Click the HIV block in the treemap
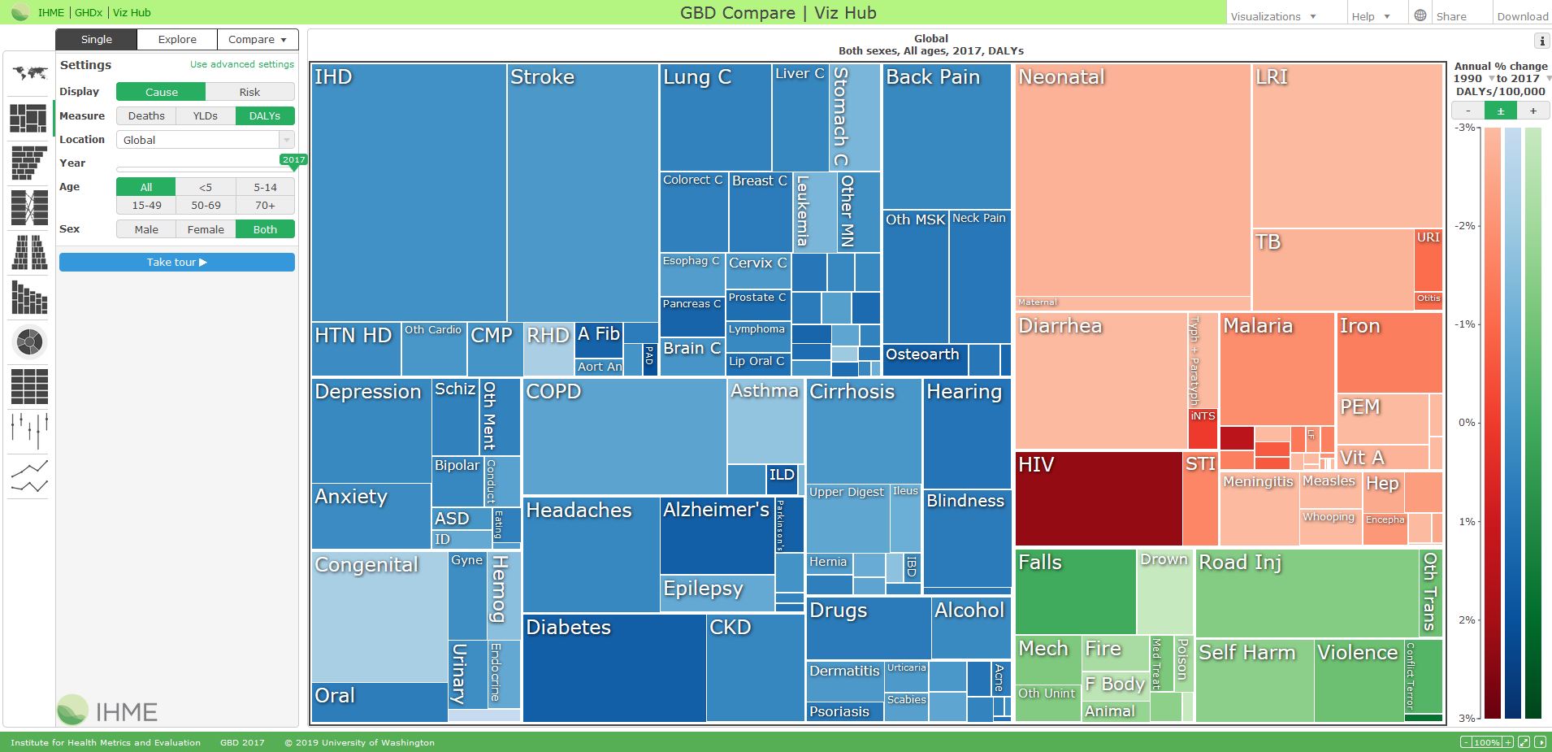point(1098,498)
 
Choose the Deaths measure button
point(146,116)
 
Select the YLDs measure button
point(206,116)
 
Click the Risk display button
point(249,92)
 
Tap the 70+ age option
point(265,206)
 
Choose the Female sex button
point(206,229)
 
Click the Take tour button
point(176,262)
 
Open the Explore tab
point(177,39)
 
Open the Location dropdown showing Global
point(205,140)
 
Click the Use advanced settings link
point(242,64)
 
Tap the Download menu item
point(1522,16)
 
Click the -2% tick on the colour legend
point(1466,226)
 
